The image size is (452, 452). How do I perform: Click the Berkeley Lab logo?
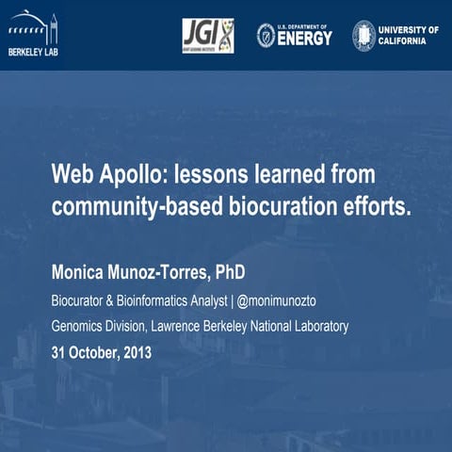point(32,36)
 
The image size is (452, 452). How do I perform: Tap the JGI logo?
point(207,36)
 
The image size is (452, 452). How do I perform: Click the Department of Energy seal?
point(266,36)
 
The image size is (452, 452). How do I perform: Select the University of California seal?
point(363,36)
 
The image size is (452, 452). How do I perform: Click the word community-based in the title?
point(137,207)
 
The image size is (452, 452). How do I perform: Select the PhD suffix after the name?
point(231,273)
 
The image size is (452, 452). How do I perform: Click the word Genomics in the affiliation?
point(81,327)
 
